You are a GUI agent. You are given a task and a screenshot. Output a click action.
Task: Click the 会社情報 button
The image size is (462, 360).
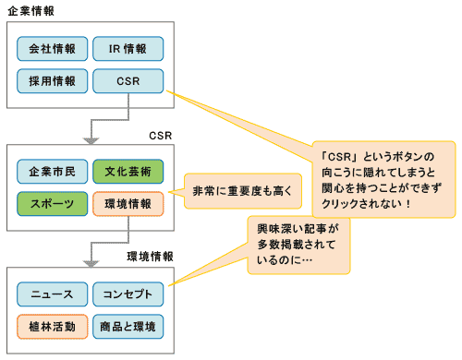coord(53,49)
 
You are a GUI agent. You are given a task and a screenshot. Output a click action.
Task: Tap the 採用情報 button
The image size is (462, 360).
coord(53,81)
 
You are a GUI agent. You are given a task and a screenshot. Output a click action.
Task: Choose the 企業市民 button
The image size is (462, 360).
coord(53,172)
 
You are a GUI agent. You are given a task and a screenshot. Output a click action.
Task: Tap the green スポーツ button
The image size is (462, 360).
coord(53,203)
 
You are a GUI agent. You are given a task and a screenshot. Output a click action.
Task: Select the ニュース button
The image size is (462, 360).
coord(53,294)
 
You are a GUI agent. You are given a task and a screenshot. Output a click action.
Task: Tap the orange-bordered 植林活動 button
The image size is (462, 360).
coord(53,326)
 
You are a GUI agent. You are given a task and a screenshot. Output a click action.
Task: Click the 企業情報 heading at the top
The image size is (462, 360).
coord(31,8)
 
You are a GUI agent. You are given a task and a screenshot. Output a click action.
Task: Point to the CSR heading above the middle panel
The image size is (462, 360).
coord(160,135)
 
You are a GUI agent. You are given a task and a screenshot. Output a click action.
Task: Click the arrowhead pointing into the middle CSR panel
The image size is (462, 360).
coord(90,140)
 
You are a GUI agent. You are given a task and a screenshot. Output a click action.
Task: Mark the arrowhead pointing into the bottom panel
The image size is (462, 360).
coord(90,262)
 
